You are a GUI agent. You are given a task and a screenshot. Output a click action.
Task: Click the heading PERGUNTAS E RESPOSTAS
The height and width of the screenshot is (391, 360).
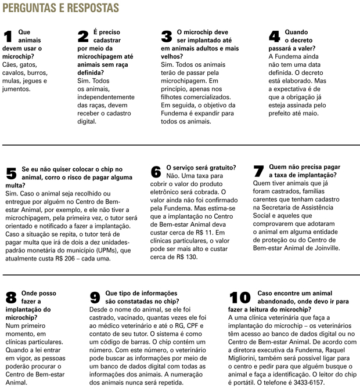click(x=62, y=8)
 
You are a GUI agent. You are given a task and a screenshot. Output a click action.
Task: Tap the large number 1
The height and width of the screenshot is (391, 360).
click(x=9, y=37)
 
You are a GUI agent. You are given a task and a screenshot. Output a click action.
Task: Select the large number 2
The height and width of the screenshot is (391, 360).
click(x=84, y=37)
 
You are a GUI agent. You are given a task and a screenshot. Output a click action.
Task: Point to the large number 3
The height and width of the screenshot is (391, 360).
click(x=167, y=37)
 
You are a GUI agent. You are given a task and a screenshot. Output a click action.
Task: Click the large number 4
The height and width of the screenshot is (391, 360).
click(x=275, y=37)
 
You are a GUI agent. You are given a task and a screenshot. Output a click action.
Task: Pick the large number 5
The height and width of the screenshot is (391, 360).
click(x=10, y=173)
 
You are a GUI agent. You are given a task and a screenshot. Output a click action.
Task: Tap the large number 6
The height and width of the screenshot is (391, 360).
click(x=156, y=172)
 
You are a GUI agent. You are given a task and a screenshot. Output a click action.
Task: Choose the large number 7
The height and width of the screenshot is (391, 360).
click(x=260, y=172)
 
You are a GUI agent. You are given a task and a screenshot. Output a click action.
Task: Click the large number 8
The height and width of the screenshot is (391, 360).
click(x=10, y=298)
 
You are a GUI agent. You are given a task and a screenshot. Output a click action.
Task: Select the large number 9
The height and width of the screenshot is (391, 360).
click(x=95, y=298)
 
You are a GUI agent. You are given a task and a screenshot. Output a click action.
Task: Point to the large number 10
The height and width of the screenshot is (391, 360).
click(x=239, y=298)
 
